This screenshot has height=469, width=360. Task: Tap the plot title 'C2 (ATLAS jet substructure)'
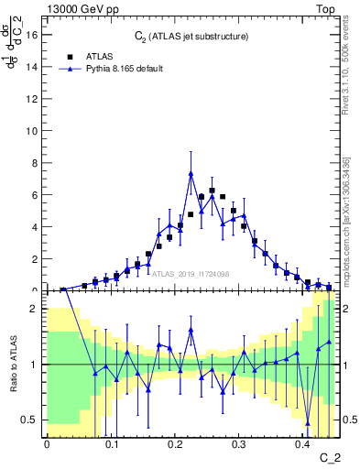(191, 37)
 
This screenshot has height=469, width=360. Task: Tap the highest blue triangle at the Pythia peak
(191, 173)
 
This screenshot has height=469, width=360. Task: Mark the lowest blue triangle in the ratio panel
(308, 423)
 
